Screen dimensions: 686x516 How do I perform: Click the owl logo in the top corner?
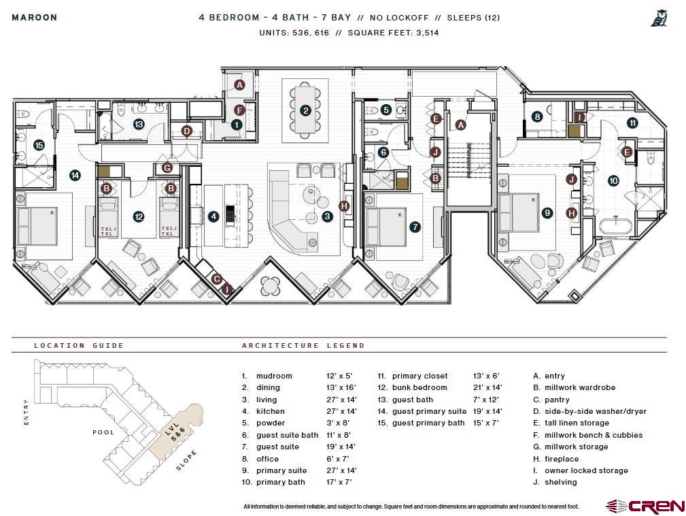pos(659,18)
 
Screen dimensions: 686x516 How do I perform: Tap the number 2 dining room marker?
pos(306,111)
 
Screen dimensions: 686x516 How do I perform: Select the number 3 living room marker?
pos(327,216)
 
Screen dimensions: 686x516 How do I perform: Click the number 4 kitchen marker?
pos(213,216)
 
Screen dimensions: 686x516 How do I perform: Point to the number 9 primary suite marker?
pos(547,213)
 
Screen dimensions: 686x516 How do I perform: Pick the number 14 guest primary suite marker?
pos(75,176)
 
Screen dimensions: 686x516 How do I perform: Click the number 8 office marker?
pos(537,117)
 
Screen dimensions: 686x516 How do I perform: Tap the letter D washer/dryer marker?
pos(187,131)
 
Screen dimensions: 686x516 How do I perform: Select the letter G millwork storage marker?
pos(167,167)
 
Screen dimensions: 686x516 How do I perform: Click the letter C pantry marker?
pos(217,279)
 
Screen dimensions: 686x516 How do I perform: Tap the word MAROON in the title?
pos(35,18)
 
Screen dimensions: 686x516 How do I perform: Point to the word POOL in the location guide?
pos(103,432)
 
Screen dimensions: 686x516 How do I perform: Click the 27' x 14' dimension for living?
pos(341,400)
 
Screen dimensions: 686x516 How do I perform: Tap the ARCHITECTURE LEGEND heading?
pos(303,346)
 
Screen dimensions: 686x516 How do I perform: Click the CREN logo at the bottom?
pos(646,506)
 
